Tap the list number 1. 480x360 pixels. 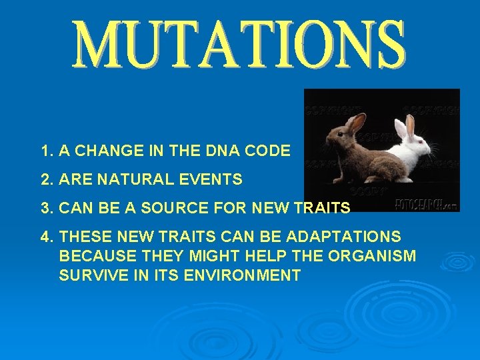(45, 151)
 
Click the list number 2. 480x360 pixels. (45, 179)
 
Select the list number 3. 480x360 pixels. (45, 208)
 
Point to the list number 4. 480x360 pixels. (45, 237)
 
